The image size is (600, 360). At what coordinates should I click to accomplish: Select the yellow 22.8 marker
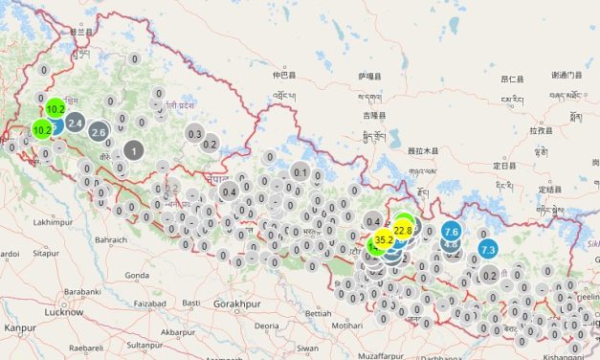pos(403,230)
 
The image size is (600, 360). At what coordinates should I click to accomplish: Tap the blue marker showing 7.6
pos(453,232)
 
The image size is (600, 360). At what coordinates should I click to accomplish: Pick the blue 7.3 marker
pos(488,250)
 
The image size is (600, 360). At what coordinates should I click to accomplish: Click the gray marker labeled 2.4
pos(76,123)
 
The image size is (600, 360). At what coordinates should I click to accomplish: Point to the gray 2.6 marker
pos(99,132)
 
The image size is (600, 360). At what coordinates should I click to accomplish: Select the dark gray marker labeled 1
pos(134,151)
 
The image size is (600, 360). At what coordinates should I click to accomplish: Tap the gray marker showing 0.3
pos(196,134)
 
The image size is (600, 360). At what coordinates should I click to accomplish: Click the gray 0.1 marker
pos(300,173)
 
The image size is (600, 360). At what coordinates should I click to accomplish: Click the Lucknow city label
pos(68,312)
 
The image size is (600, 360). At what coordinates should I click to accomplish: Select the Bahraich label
pos(111,238)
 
